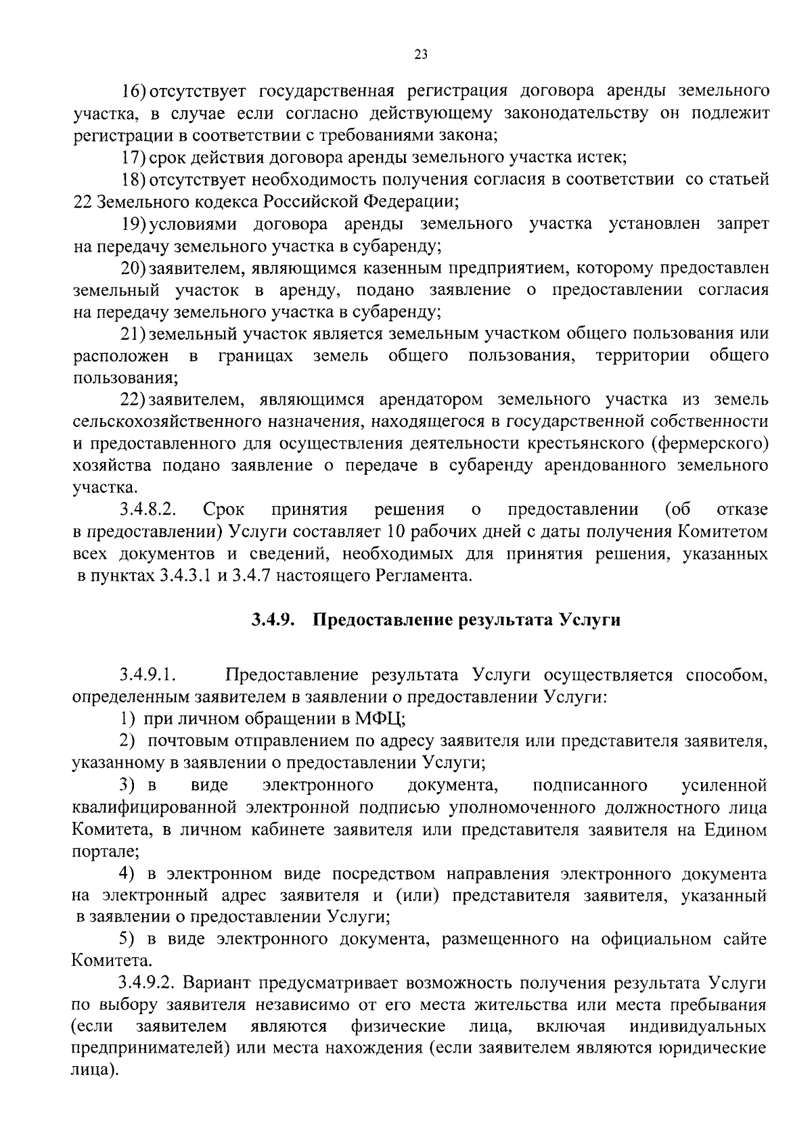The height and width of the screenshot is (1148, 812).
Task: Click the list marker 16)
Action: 134,91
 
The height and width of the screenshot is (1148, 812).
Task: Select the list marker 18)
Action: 134,180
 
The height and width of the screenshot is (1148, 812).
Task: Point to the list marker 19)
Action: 134,224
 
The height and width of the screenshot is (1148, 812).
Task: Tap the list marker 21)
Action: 134,334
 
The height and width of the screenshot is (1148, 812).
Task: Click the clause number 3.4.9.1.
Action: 148,675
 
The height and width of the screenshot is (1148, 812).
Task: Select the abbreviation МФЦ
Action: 380,719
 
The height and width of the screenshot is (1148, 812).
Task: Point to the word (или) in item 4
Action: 413,896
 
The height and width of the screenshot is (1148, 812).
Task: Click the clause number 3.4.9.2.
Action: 148,982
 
